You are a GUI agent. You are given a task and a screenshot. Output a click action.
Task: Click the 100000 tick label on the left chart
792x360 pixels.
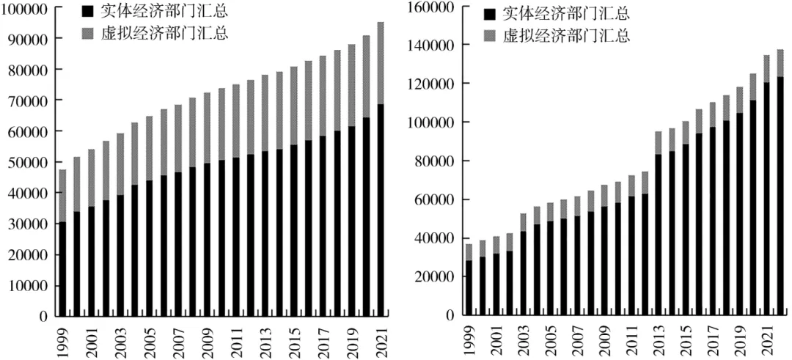click(x=25, y=8)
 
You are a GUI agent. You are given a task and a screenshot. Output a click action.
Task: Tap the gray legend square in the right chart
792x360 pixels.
click(x=489, y=36)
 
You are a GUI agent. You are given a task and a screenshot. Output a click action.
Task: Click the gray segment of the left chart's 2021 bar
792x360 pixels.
click(x=381, y=63)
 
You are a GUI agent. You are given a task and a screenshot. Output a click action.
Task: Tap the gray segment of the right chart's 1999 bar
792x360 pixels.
click(x=469, y=252)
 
